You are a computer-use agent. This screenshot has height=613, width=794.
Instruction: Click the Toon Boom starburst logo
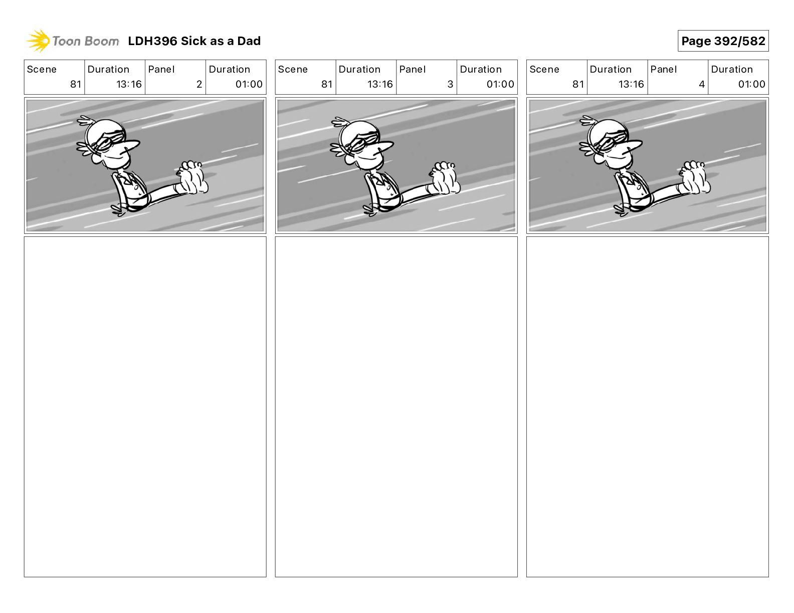(38, 41)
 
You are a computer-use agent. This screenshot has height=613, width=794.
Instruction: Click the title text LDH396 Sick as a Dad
(194, 41)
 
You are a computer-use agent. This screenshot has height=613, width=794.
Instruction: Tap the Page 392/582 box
(723, 41)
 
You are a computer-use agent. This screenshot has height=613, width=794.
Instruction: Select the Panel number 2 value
(199, 84)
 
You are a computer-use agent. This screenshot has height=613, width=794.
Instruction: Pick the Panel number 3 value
(450, 84)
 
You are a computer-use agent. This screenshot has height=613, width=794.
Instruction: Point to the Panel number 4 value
(702, 84)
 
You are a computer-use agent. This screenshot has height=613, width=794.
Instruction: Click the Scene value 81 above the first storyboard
(76, 84)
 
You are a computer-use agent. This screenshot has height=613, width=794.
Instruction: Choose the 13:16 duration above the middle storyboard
(380, 84)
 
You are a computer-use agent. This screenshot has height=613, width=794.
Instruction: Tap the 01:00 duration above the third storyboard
(751, 84)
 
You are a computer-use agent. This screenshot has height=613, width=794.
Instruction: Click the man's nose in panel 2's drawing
(131, 146)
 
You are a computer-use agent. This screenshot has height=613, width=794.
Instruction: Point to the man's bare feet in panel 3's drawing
(445, 178)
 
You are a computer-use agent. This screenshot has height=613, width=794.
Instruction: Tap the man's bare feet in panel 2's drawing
(192, 177)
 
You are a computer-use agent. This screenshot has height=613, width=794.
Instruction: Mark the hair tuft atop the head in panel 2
(85, 120)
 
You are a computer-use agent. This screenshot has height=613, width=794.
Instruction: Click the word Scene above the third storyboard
(544, 70)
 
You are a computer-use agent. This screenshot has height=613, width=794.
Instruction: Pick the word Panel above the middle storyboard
(413, 70)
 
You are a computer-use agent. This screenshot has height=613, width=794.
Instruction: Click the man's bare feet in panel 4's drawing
(695, 177)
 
